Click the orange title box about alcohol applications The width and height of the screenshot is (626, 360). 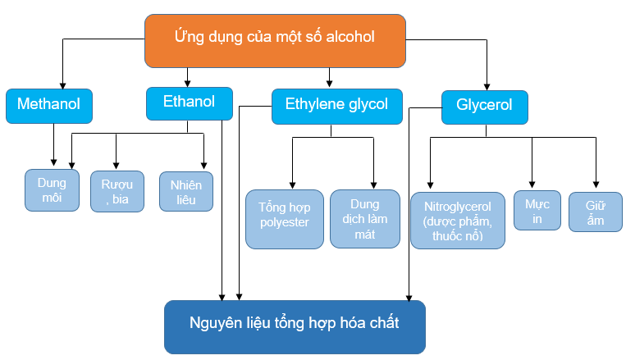point(275,39)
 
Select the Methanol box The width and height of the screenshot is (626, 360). point(48,105)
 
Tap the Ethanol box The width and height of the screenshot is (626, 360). point(188,103)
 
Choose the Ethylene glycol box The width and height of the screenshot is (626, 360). point(336,106)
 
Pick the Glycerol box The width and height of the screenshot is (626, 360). point(484,106)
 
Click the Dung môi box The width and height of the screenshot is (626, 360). point(52,189)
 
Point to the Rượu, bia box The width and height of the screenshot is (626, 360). point(117,191)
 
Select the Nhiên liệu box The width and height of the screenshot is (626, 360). point(185,192)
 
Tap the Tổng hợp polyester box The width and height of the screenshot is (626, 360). point(284,219)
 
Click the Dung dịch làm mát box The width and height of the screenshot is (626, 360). point(364,219)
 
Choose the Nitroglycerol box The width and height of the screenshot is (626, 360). point(457,221)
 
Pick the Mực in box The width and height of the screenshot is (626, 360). point(532,212)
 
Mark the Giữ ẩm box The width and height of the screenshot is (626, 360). point(595,212)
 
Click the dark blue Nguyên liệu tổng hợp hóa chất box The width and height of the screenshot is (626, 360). point(295,326)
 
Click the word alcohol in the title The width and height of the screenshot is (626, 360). point(350,37)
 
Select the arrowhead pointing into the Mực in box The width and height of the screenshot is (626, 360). point(532,185)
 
